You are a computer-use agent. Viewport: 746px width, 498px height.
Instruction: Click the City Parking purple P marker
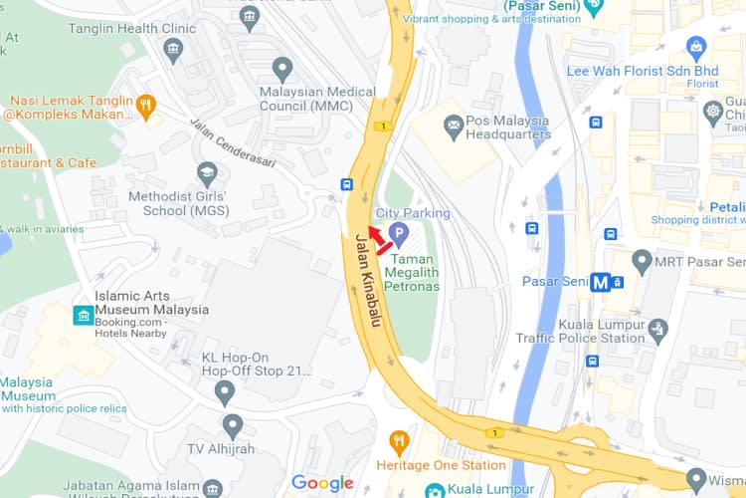(x=399, y=235)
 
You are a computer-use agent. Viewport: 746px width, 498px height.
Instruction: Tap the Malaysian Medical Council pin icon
(x=282, y=69)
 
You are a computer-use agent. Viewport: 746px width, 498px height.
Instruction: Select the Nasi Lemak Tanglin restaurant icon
(x=146, y=104)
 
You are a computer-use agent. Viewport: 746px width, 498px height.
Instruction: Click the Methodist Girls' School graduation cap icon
(x=207, y=173)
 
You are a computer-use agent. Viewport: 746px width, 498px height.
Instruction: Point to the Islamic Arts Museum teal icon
(x=83, y=316)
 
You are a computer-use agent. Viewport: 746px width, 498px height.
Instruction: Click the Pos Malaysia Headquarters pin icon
(x=453, y=124)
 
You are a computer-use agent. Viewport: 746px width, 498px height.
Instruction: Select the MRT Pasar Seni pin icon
(x=642, y=262)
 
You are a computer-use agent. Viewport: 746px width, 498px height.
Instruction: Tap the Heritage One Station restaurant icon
(x=400, y=441)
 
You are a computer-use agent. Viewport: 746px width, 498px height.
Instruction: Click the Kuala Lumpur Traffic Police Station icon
(x=657, y=329)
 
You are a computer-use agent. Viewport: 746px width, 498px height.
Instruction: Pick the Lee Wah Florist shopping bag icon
(x=696, y=47)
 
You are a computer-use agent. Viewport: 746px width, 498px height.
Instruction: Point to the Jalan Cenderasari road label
(x=230, y=142)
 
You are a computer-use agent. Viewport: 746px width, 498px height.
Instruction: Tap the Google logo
(x=322, y=484)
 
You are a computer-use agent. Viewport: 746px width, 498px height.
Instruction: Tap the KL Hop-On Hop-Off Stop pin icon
(x=225, y=391)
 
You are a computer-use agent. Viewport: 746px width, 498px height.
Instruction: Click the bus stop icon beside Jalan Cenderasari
(x=346, y=184)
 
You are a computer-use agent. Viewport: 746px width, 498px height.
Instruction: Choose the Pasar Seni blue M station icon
(x=600, y=282)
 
